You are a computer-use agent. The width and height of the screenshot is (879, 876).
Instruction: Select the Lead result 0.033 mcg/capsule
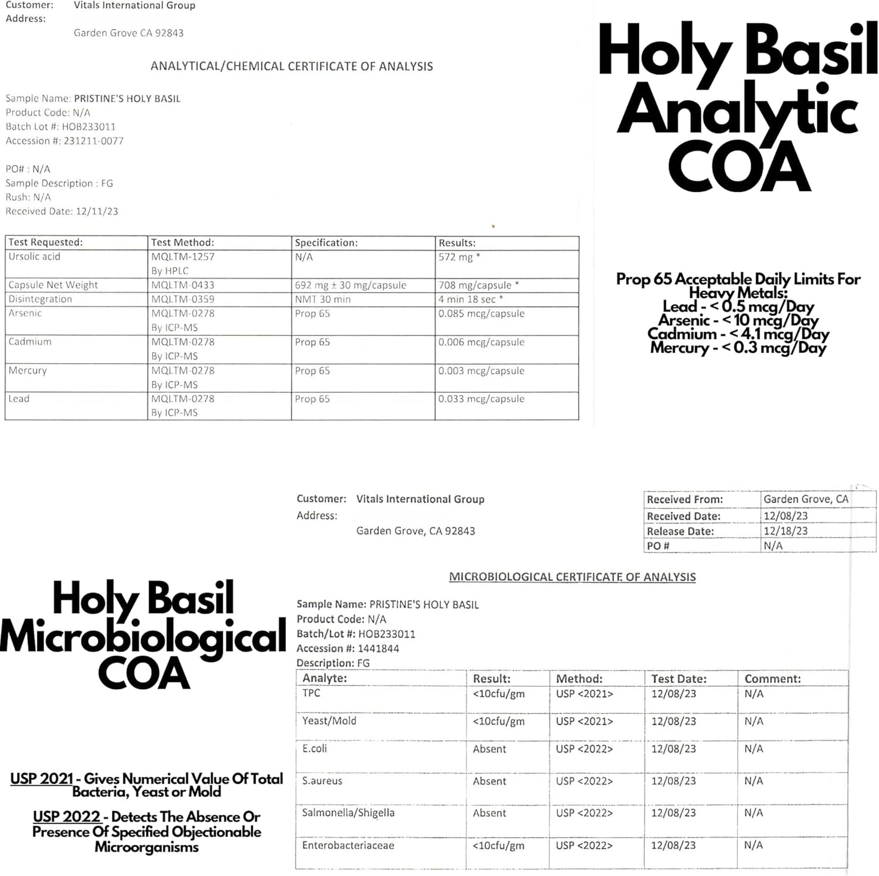(x=481, y=399)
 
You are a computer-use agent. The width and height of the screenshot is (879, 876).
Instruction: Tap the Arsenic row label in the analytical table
(x=26, y=313)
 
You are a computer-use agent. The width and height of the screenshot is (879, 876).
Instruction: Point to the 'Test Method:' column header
(x=182, y=242)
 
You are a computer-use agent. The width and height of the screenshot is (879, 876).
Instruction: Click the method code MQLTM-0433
(x=182, y=285)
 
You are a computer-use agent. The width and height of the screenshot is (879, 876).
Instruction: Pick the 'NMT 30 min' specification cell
(x=323, y=299)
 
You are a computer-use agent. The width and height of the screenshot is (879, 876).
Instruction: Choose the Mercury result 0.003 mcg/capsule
(x=481, y=370)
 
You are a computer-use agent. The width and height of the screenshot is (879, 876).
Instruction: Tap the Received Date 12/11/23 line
(x=62, y=211)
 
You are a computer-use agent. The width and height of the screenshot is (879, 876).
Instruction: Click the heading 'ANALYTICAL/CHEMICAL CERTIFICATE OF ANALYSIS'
(x=292, y=66)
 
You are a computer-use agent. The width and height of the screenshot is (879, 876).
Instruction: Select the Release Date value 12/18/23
(x=786, y=530)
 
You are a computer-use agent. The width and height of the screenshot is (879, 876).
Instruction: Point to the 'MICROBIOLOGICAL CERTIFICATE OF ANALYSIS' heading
(x=572, y=577)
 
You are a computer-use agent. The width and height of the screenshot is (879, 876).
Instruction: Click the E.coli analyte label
(x=314, y=748)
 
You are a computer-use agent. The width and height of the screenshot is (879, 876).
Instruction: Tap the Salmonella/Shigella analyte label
(x=349, y=813)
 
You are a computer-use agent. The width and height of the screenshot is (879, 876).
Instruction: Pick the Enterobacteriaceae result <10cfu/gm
(x=498, y=846)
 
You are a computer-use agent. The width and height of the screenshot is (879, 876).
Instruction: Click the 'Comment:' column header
(x=773, y=678)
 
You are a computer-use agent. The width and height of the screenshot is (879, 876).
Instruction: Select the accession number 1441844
(x=378, y=648)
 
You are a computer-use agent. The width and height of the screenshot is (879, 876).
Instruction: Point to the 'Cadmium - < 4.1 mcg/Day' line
(x=738, y=334)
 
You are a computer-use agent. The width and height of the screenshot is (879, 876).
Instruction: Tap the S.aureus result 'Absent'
(x=490, y=781)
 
